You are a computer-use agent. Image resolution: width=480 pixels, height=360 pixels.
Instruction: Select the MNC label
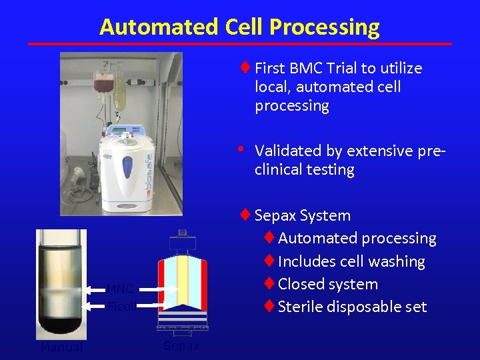pyautogui.click(x=121, y=289)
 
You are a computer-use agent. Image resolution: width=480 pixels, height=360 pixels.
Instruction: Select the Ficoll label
pyautogui.click(x=122, y=307)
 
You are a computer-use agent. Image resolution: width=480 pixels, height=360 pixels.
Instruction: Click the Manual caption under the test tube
pyautogui.click(x=62, y=347)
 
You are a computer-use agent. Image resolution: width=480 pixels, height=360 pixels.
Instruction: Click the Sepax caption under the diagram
pyautogui.click(x=181, y=346)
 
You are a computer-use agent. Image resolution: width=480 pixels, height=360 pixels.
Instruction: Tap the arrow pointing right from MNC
pyautogui.click(x=160, y=289)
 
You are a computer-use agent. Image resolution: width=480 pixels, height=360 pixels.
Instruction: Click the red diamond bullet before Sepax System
pyautogui.click(x=245, y=215)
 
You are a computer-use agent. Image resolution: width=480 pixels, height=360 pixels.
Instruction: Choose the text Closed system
pyautogui.click(x=328, y=284)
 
